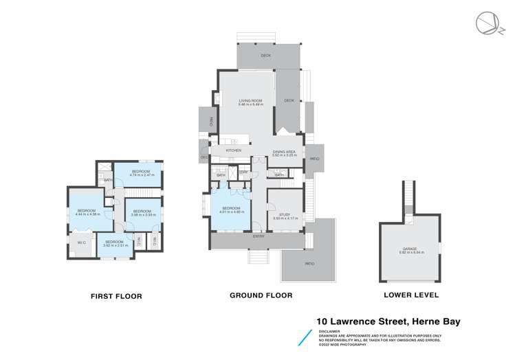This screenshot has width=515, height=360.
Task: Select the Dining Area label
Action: point(283,154)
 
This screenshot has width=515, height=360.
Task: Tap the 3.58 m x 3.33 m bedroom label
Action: point(142,212)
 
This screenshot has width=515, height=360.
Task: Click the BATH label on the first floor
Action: point(109,180)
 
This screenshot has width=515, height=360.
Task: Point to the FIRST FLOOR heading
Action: point(116,296)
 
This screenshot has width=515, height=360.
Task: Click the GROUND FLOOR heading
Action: point(261,295)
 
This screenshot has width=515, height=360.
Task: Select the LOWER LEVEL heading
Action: point(413,295)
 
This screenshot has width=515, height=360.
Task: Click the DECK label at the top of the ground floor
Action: point(265,56)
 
